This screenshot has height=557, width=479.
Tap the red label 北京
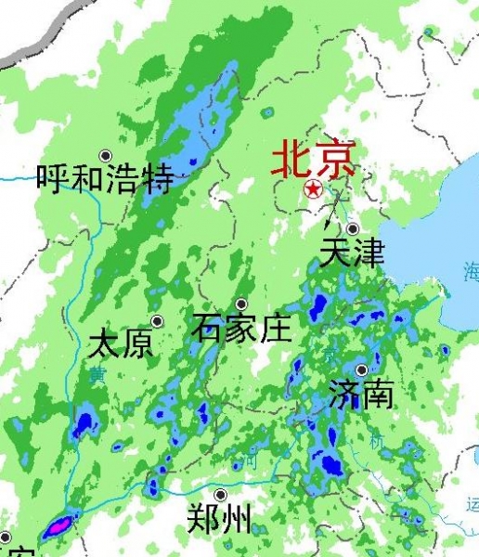pos(313,160)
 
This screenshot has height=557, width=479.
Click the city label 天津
pos(352,253)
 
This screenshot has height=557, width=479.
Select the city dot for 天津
pos(353,228)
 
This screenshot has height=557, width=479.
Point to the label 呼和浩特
pos(105,178)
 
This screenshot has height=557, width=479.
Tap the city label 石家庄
pos(241,328)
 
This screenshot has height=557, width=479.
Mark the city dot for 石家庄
pos(241,304)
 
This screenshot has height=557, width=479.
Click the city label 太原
pos(121,345)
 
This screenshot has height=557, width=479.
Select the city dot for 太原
pos(157,321)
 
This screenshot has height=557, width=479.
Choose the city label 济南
pos(361,395)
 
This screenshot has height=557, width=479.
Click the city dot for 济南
pos(361,369)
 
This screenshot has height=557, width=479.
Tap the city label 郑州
pos(219,518)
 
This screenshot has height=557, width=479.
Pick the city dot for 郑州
pos(220,495)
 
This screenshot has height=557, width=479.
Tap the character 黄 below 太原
pos(97,376)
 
